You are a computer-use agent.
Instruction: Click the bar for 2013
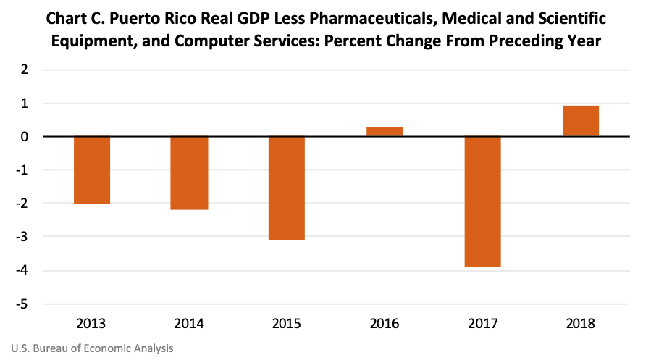(91, 169)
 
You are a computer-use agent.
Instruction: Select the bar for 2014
(189, 173)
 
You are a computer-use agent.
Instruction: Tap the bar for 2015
(287, 188)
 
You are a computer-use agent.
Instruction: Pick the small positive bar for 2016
(385, 132)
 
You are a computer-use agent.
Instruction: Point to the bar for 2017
(482, 201)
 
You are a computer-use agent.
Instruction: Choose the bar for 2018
(580, 121)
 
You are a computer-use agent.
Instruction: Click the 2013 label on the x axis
(91, 323)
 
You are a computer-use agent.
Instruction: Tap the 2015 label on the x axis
(287, 323)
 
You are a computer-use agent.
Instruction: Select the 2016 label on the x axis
(385, 323)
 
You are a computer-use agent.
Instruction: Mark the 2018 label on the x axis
(580, 323)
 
